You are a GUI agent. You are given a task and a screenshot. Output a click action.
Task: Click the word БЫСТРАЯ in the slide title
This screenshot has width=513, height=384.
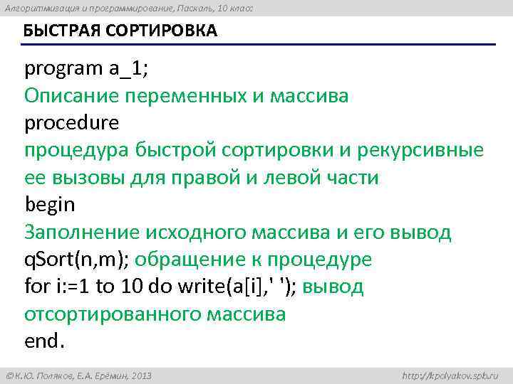[x=56, y=32]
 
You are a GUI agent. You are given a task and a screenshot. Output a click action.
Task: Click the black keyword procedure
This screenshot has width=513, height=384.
[x=72, y=123]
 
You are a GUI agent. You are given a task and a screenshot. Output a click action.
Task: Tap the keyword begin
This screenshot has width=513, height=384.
[x=50, y=205]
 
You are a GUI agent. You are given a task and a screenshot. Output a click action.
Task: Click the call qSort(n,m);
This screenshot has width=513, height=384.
[x=77, y=260]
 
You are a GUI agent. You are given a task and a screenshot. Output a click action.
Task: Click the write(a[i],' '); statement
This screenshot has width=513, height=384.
[x=224, y=287]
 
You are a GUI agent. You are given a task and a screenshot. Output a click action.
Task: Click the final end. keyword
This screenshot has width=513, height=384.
[x=44, y=341]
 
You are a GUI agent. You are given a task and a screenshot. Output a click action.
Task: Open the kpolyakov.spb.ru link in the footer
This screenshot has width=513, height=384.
[x=450, y=375]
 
